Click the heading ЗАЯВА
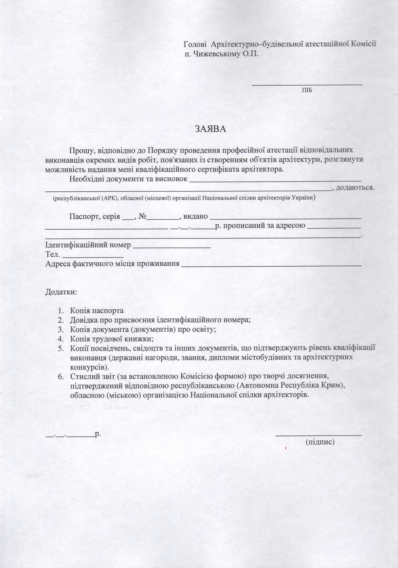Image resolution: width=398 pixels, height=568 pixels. tap(211, 129)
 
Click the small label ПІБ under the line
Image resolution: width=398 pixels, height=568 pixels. tap(307, 90)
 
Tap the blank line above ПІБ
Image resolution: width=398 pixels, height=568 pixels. tap(307, 85)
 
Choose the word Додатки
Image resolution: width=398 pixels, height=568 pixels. tap(61, 292)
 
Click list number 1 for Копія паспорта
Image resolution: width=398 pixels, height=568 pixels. tap(61, 311)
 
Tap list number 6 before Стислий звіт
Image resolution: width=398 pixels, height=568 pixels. tap(61, 376)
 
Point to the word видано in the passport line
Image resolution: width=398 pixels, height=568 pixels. tap(195, 217)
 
